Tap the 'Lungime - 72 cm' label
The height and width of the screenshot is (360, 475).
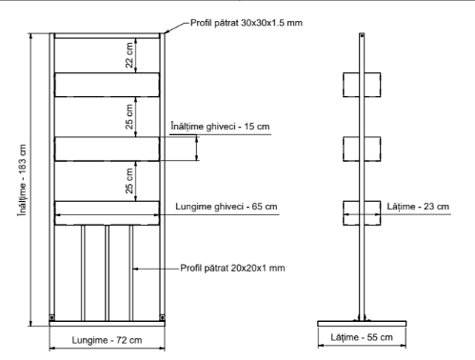107,340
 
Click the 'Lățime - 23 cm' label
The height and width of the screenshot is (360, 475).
419,206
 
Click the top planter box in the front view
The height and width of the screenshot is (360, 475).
107,84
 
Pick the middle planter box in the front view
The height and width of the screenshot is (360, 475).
107,149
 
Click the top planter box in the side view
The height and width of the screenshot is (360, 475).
361,84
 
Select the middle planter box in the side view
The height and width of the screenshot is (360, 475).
361,149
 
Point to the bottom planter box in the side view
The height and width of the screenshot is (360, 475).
361,214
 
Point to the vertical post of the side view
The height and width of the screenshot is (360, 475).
361,267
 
